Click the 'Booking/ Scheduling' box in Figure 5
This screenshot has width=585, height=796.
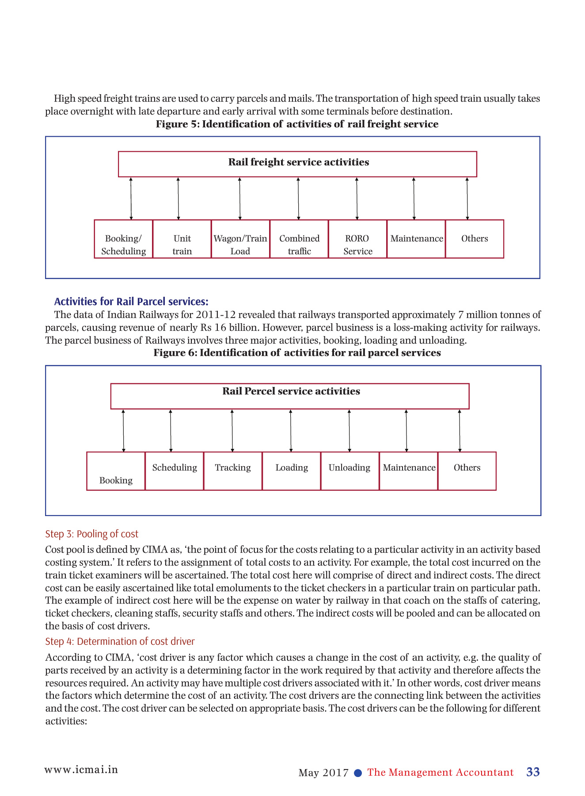point(124,239)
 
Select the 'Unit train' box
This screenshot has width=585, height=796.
point(182,239)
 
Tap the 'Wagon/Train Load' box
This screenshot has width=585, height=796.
point(240,239)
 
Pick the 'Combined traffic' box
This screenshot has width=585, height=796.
point(299,239)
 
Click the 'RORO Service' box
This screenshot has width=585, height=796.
point(357,239)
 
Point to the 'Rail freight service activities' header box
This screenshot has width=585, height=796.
point(297,164)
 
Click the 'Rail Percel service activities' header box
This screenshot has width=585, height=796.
point(290,396)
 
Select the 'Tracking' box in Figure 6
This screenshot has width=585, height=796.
point(233,471)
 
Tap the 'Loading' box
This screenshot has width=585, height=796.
point(292,471)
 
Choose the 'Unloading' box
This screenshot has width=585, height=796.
point(350,471)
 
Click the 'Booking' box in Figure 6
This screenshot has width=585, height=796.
point(116,471)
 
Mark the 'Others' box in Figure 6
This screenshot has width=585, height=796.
point(467,471)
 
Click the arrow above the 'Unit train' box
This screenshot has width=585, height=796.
point(178,199)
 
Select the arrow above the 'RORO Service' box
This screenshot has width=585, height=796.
point(357,199)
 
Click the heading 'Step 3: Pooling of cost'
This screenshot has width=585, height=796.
point(92,534)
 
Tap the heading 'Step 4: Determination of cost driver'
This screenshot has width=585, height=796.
point(120,642)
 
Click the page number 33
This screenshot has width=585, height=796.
point(533,772)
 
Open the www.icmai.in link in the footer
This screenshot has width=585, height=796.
point(81,770)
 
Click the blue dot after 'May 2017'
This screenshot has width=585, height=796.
point(358,773)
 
